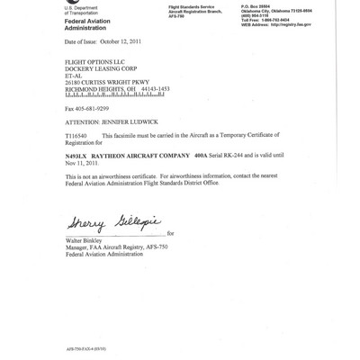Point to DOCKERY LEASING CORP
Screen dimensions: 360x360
click(101, 68)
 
